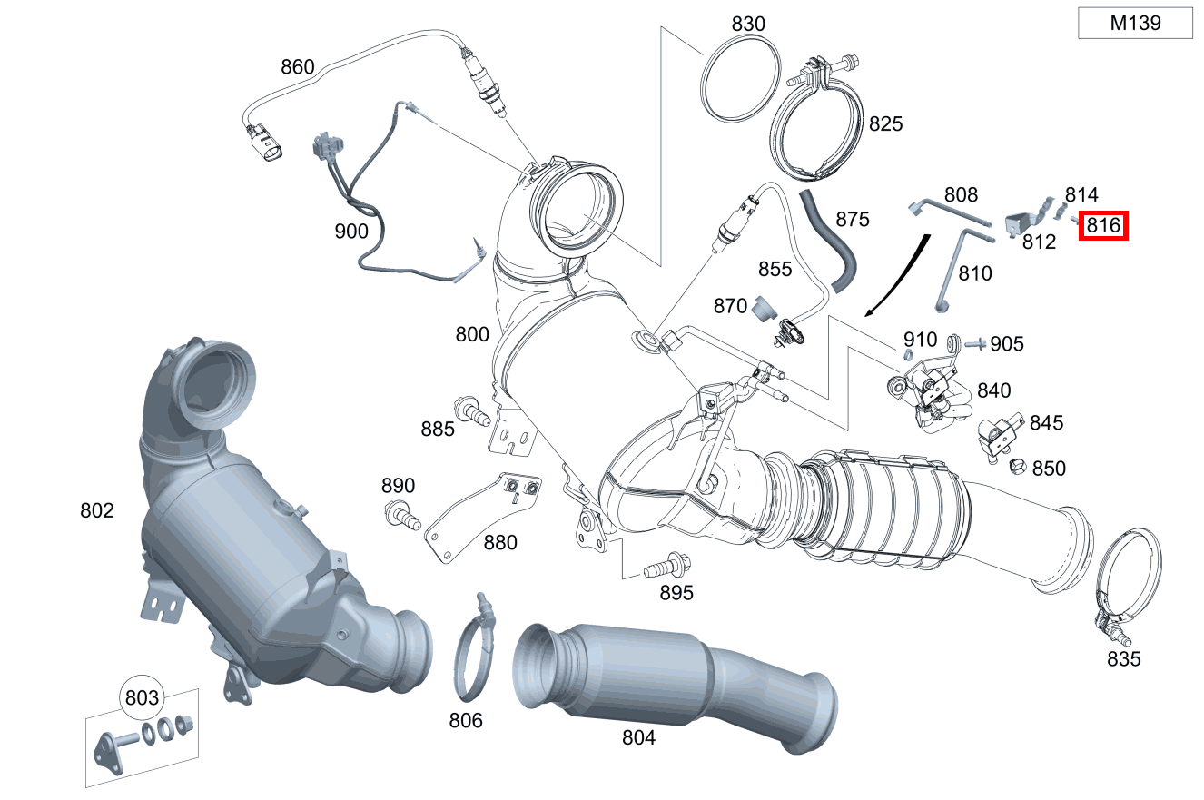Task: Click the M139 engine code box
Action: pos(1135,24)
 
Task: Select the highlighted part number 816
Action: pos(1102,225)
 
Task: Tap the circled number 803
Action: pos(142,698)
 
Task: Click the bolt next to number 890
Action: pos(401,514)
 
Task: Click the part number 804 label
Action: pos(638,737)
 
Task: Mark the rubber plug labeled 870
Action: pos(764,308)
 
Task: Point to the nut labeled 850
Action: pos(1018,467)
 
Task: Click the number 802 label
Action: pos(97,510)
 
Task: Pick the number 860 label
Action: pos(297,66)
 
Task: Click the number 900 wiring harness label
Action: pos(351,231)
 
